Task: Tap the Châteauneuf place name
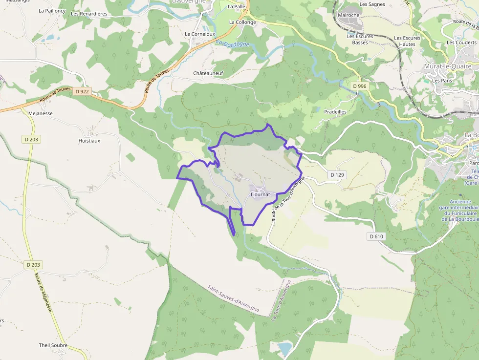point(208,74)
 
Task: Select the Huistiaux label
point(89,141)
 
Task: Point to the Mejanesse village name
point(41,113)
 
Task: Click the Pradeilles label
point(335,112)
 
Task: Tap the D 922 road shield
point(83,91)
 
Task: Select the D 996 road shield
point(359,86)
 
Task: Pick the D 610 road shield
point(376,236)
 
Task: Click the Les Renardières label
point(89,14)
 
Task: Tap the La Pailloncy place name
point(52,10)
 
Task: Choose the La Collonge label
point(242,22)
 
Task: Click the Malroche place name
point(348,15)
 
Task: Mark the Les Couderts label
point(461,42)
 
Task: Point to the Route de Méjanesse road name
point(43,293)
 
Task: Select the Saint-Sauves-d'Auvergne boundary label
point(233,299)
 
